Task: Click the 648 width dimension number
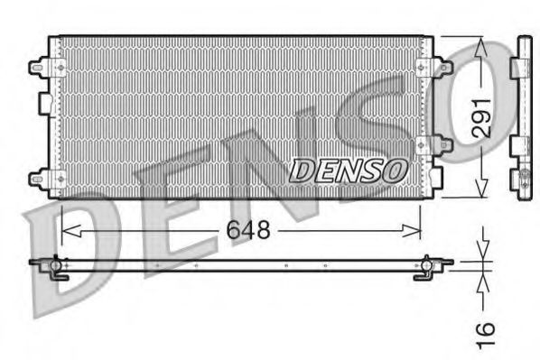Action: pyautogui.click(x=248, y=231)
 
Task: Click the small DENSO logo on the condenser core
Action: pyautogui.click(x=349, y=169)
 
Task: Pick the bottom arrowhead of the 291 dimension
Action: pyautogui.click(x=482, y=190)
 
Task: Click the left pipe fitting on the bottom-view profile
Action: pyautogui.click(x=55, y=267)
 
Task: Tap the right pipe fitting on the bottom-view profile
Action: pyautogui.click(x=425, y=267)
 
